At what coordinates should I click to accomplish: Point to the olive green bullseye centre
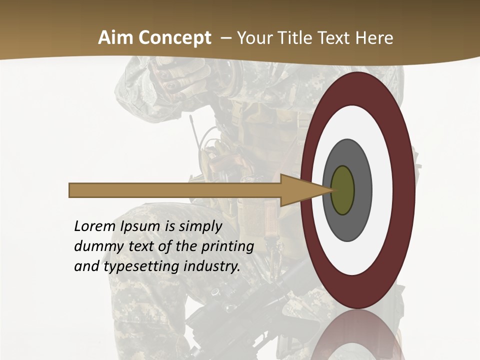click(342, 190)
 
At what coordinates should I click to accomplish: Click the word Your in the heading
click(252, 38)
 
